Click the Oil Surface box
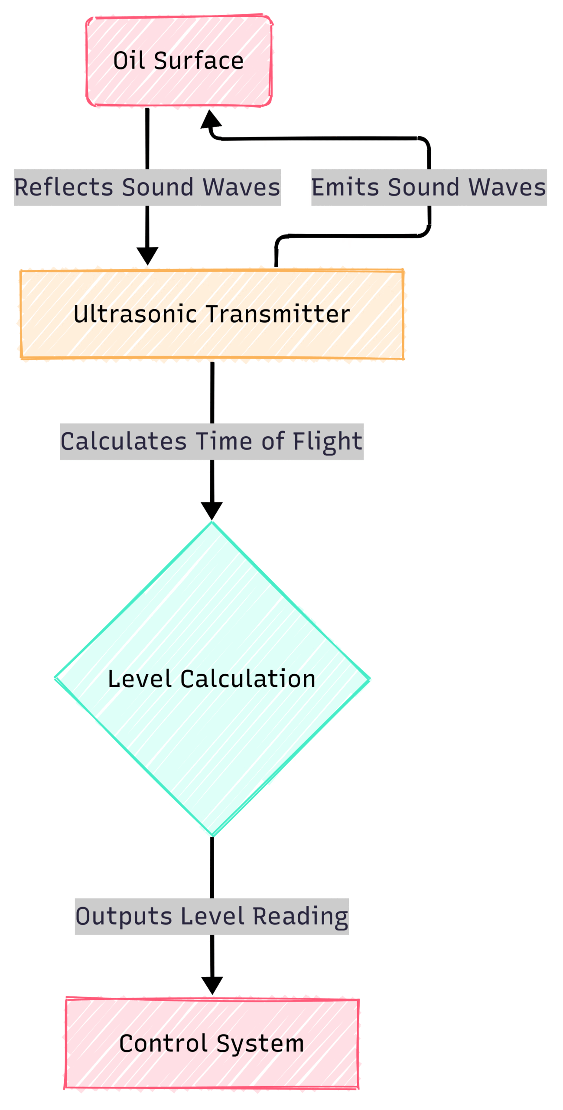[179, 61]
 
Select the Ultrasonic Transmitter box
[212, 314]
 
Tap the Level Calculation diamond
[212, 679]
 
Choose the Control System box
[212, 1043]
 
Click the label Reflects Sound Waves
[147, 187]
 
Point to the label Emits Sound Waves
[429, 187]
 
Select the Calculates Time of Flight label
[212, 441]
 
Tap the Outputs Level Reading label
[212, 916]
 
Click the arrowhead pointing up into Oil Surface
[211, 119]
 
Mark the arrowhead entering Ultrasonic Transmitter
[147, 256]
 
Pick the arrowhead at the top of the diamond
[212, 511]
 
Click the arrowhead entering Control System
[212, 985]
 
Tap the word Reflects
[64, 187]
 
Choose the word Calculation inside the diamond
[248, 679]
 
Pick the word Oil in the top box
[129, 61]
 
